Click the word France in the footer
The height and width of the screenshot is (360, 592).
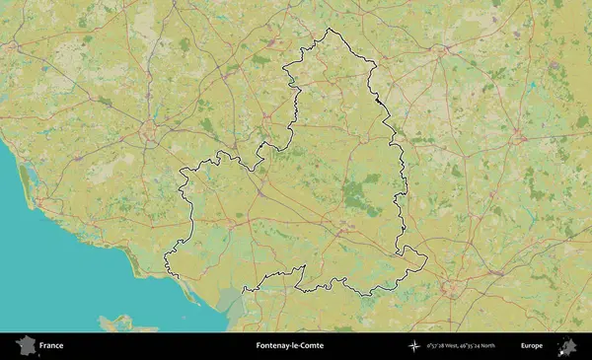(50, 346)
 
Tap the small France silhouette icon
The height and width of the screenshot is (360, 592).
(25, 346)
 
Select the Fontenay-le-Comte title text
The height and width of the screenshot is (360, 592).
(289, 346)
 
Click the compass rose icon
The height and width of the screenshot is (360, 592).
(413, 346)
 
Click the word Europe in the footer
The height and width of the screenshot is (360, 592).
(532, 346)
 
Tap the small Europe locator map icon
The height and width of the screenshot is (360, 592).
(567, 346)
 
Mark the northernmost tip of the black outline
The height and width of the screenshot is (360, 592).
(328, 29)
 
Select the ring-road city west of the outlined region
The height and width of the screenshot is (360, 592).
(148, 128)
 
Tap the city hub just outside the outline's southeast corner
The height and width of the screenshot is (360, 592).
(452, 288)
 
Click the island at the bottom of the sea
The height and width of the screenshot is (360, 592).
(118, 322)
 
